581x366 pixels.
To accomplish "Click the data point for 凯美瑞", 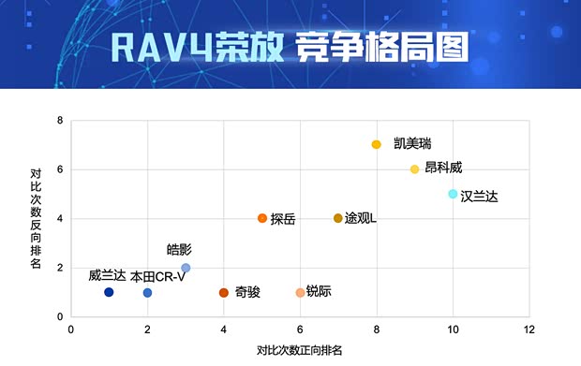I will click(x=377, y=145).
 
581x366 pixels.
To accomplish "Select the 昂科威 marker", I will click(x=414, y=169).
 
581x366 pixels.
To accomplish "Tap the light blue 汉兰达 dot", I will click(x=453, y=194).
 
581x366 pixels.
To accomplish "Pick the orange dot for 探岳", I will click(x=262, y=218).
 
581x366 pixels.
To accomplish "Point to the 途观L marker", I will click(x=338, y=218).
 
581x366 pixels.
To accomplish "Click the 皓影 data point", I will click(x=186, y=268).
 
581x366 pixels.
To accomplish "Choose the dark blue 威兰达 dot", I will click(x=109, y=292).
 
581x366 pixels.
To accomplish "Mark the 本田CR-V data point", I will click(x=147, y=293).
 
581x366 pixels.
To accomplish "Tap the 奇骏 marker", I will click(x=224, y=293).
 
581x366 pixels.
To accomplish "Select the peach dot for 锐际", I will click(x=300, y=293).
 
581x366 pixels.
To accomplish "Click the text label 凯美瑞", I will click(x=412, y=143).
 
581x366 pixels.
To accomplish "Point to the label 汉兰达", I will click(x=480, y=196).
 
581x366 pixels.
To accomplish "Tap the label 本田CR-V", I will click(x=157, y=276).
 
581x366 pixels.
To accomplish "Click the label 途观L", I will click(x=361, y=218).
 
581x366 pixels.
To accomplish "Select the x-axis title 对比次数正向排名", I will click(x=300, y=351).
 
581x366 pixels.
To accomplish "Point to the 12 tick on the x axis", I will click(x=529, y=329).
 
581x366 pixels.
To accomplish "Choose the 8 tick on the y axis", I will click(x=59, y=121).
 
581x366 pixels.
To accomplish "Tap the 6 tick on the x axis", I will click(x=300, y=329).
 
